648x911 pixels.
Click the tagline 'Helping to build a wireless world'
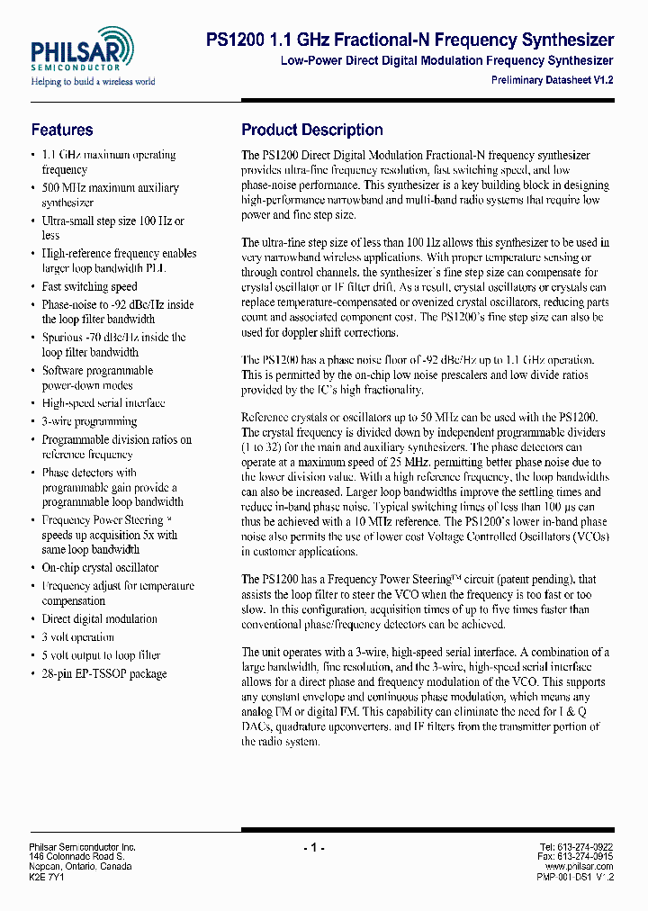click(94, 82)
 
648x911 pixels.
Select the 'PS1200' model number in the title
click(236, 41)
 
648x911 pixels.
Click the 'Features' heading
click(62, 130)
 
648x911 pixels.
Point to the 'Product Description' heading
click(312, 130)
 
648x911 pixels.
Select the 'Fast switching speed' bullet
click(89, 286)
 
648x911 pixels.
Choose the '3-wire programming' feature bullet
click(89, 421)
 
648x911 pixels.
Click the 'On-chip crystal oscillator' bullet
click(100, 568)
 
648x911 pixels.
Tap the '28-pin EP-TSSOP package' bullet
click(103, 673)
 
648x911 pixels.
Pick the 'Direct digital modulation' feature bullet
click(99, 619)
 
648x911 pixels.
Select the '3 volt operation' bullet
click(77, 637)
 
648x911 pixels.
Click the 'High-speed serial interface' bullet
click(103, 403)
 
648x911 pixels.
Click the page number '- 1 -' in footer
click(313, 847)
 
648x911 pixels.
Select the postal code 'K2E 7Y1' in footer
click(48, 876)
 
